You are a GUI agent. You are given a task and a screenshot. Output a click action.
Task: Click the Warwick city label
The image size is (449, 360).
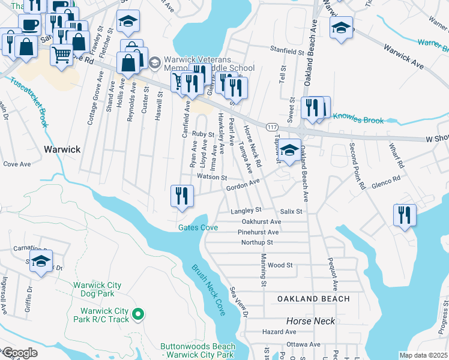(62, 149)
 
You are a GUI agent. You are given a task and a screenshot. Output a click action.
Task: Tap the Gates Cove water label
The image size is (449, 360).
(197, 227)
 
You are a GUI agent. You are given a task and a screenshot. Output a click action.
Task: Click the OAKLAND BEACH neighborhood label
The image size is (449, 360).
(313, 299)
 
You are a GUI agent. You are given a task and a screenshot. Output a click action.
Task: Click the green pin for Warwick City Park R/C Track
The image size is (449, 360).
(138, 313)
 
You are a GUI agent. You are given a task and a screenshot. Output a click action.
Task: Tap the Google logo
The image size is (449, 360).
(19, 353)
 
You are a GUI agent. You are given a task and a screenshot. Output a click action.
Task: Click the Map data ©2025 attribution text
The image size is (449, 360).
(423, 355)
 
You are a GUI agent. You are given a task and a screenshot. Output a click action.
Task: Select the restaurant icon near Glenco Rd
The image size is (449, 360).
(405, 214)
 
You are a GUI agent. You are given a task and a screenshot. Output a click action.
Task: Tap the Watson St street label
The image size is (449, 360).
(211, 178)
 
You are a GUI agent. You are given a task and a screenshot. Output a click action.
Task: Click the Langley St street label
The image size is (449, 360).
(246, 211)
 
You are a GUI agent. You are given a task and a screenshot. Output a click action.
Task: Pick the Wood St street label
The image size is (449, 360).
(280, 265)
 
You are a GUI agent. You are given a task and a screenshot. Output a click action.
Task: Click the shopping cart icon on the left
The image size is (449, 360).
(61, 54)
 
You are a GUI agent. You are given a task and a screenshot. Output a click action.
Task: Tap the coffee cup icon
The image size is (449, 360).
(30, 25)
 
